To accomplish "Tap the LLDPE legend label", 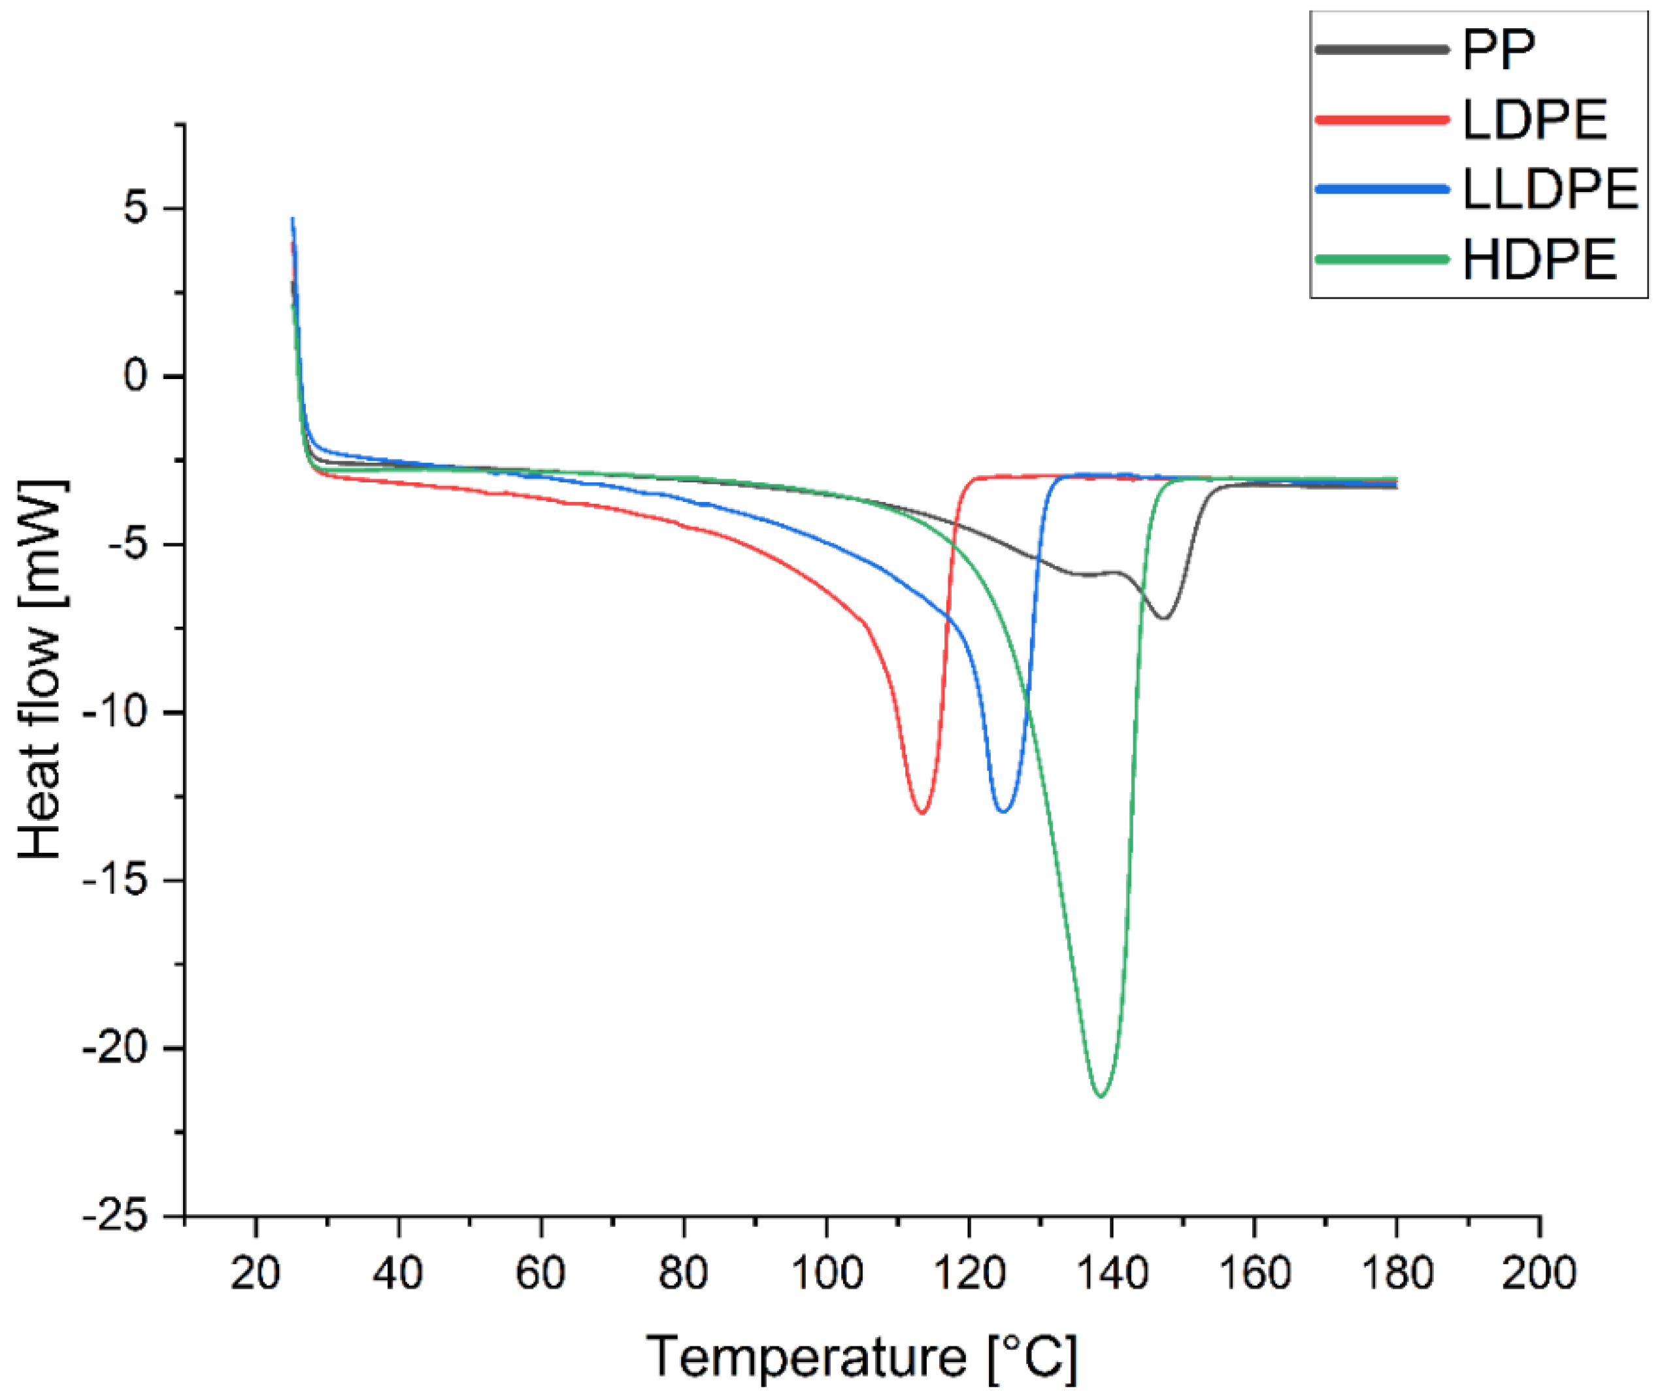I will tap(1550, 190).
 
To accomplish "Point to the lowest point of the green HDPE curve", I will tap(1101, 1097).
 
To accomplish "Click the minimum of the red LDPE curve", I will tap(922, 813).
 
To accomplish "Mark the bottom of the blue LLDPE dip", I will tap(1003, 811).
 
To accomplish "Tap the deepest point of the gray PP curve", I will tap(1164, 618).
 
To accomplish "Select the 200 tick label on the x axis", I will tap(1539, 1274).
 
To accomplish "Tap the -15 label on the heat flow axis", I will tap(115, 880).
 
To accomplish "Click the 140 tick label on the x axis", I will tap(1111, 1274).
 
